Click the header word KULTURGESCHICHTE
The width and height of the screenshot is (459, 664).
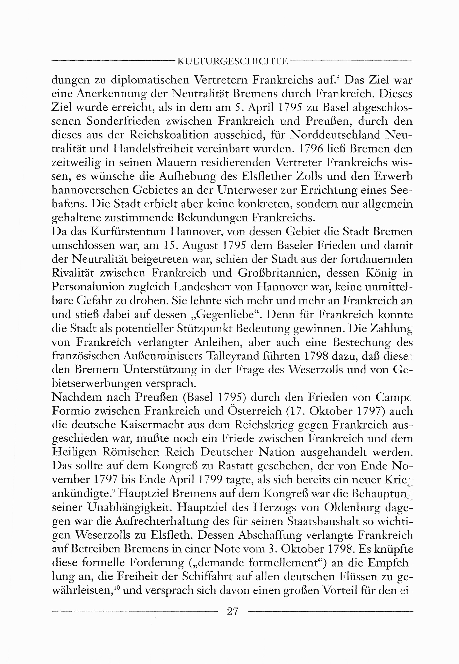click(233, 61)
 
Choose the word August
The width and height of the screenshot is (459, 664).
click(200, 246)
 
